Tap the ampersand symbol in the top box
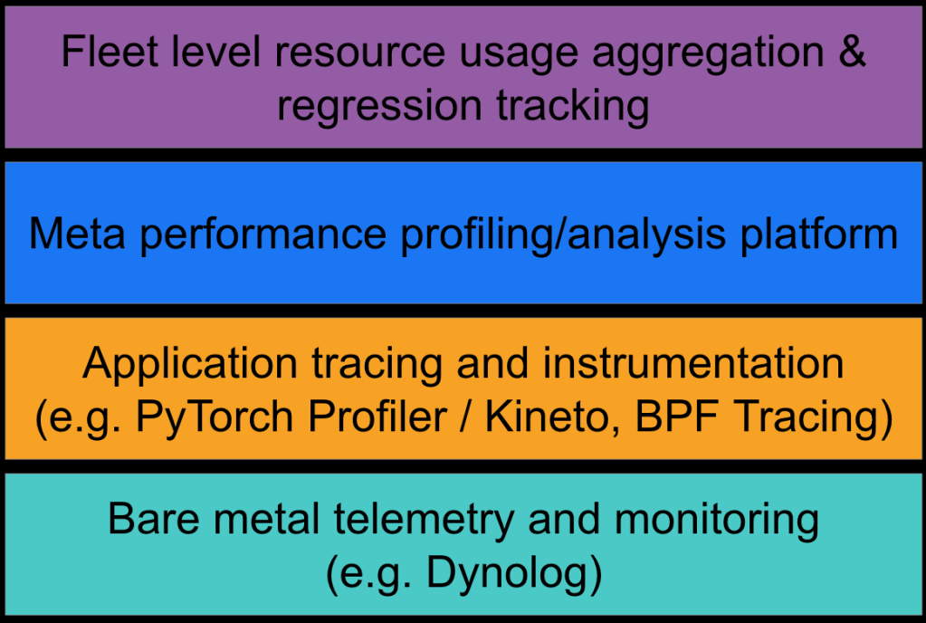(x=852, y=52)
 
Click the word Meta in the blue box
(x=77, y=234)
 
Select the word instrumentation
(x=692, y=362)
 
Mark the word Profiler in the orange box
(x=377, y=417)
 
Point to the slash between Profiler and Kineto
(x=466, y=417)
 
